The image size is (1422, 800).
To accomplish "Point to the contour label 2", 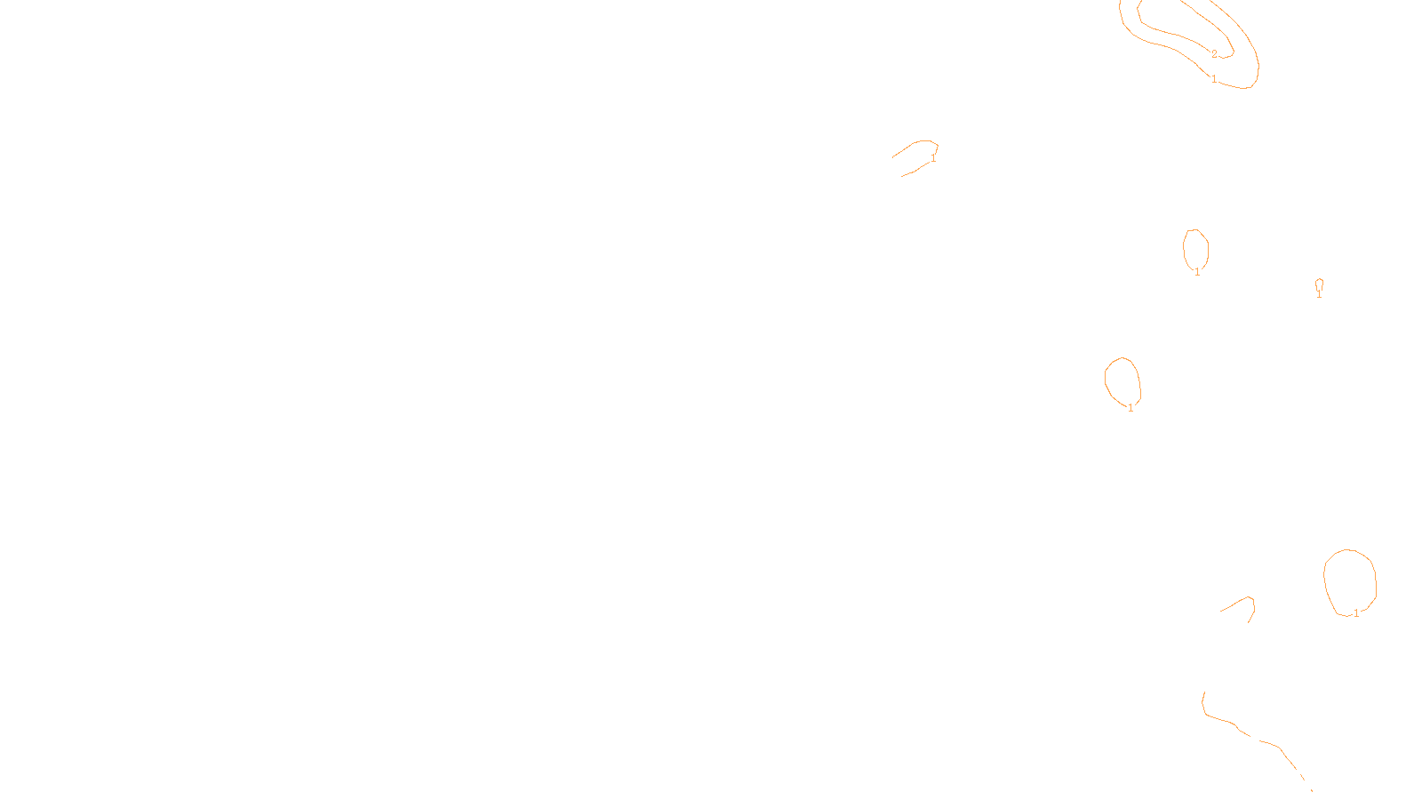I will click(x=1214, y=54).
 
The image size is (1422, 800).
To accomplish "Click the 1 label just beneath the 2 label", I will click(x=1214, y=79).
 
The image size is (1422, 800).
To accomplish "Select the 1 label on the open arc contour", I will click(x=933, y=158).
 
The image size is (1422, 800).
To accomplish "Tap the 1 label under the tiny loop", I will click(x=1319, y=294).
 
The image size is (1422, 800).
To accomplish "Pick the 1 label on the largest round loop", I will click(x=1356, y=612).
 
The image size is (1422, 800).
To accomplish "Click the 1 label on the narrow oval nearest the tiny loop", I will click(x=1197, y=271).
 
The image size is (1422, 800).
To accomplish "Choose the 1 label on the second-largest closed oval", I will click(x=1130, y=408).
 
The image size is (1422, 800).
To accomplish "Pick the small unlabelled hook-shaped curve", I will click(x=1238, y=602).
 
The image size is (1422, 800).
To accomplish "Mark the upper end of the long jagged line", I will click(x=1205, y=692).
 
